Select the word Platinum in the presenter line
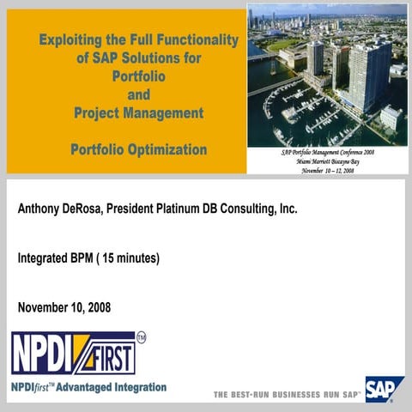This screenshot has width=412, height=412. click(201, 209)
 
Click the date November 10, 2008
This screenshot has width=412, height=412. click(64, 306)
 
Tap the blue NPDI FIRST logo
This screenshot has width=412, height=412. click(72, 353)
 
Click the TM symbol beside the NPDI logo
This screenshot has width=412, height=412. click(142, 338)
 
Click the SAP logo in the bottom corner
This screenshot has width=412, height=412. click(385, 389)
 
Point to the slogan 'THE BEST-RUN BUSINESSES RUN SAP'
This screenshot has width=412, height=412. click(287, 395)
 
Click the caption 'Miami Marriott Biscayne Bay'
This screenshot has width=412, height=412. click(327, 161)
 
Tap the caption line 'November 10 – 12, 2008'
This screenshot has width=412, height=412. click(327, 169)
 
